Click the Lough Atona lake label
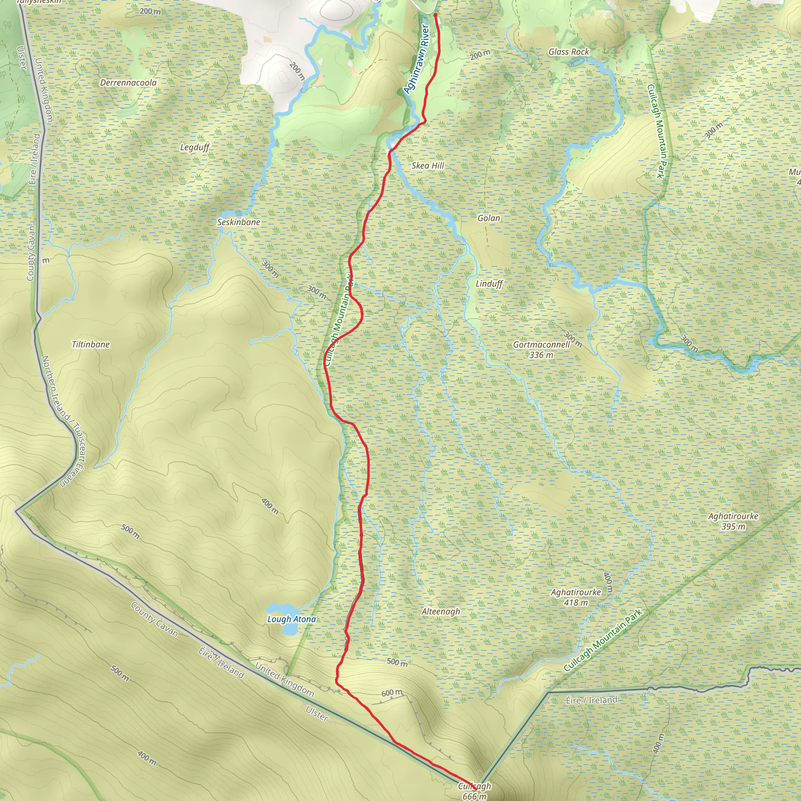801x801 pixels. (291, 619)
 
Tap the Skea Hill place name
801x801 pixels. (427, 165)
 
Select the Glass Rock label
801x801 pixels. (568, 52)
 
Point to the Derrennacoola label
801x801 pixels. (129, 83)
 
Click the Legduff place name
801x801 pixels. (194, 147)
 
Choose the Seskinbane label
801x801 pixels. (239, 222)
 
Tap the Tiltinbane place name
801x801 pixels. (91, 344)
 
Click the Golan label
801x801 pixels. (489, 218)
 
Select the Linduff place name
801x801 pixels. (489, 284)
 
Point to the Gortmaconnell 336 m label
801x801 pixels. (541, 350)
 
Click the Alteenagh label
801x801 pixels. (441, 612)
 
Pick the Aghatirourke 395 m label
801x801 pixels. (733, 521)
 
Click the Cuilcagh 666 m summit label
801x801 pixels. (475, 790)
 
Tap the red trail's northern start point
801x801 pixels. (435, 15)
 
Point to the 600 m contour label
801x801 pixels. (392, 693)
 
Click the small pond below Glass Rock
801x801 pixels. (574, 63)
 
